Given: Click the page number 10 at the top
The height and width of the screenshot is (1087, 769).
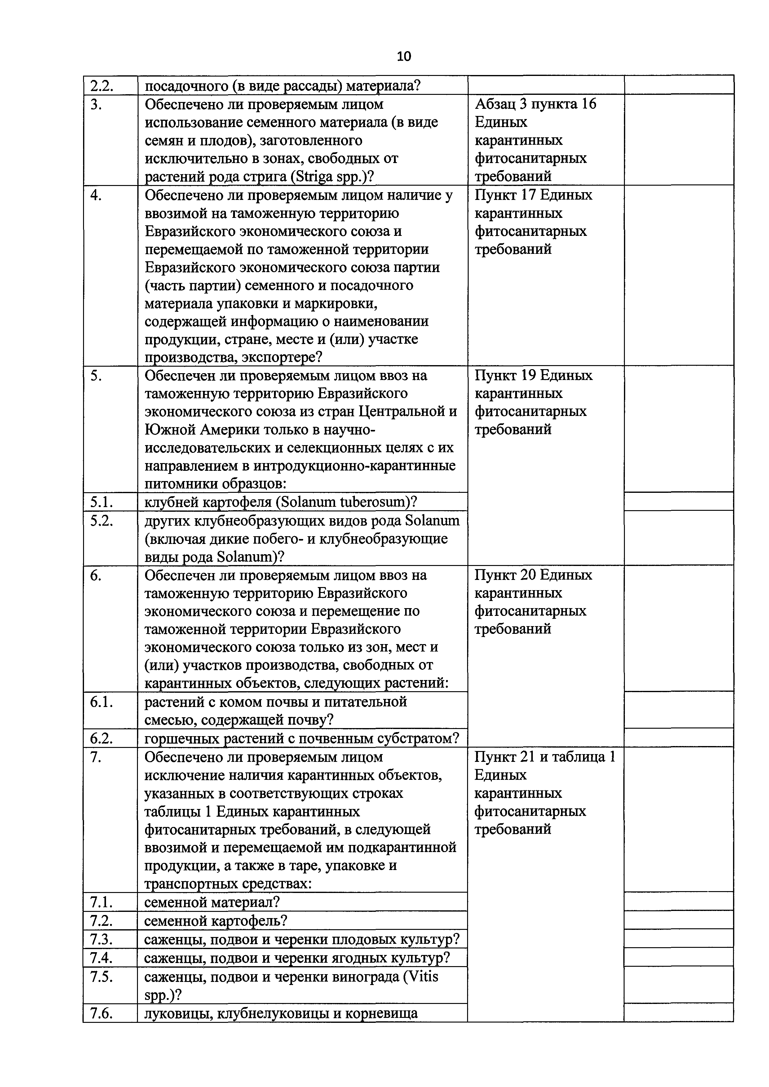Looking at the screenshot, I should (404, 57).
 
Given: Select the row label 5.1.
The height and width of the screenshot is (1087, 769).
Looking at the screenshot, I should (101, 502).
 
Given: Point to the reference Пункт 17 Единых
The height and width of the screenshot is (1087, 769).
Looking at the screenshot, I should (533, 195).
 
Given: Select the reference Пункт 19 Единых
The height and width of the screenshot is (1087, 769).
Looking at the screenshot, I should (533, 375).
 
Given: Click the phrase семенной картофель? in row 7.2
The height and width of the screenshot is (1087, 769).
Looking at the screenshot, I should (216, 921).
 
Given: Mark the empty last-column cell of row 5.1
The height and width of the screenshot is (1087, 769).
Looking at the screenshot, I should (678, 502).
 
